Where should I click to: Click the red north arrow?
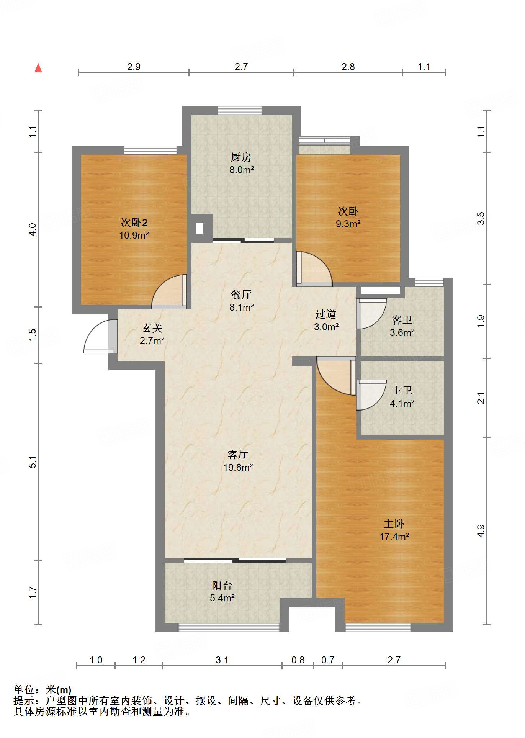click(38, 68)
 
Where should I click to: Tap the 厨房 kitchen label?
click(241, 157)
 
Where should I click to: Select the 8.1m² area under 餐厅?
click(242, 307)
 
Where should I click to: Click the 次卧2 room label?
click(134, 222)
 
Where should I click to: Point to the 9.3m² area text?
click(348, 224)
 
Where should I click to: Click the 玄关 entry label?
click(152, 328)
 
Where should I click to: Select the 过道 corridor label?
click(326, 314)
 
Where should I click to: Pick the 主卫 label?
click(402, 390)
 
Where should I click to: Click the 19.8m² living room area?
click(238, 467)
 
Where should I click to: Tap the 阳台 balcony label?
click(222, 585)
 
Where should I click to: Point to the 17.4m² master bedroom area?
click(394, 537)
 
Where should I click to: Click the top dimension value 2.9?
click(134, 67)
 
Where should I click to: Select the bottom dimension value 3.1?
click(222, 660)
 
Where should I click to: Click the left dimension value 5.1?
click(33, 462)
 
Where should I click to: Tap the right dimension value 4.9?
click(481, 531)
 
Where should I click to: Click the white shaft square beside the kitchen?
click(200, 228)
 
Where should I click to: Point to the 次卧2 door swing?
click(169, 291)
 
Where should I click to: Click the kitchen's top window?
click(240, 110)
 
